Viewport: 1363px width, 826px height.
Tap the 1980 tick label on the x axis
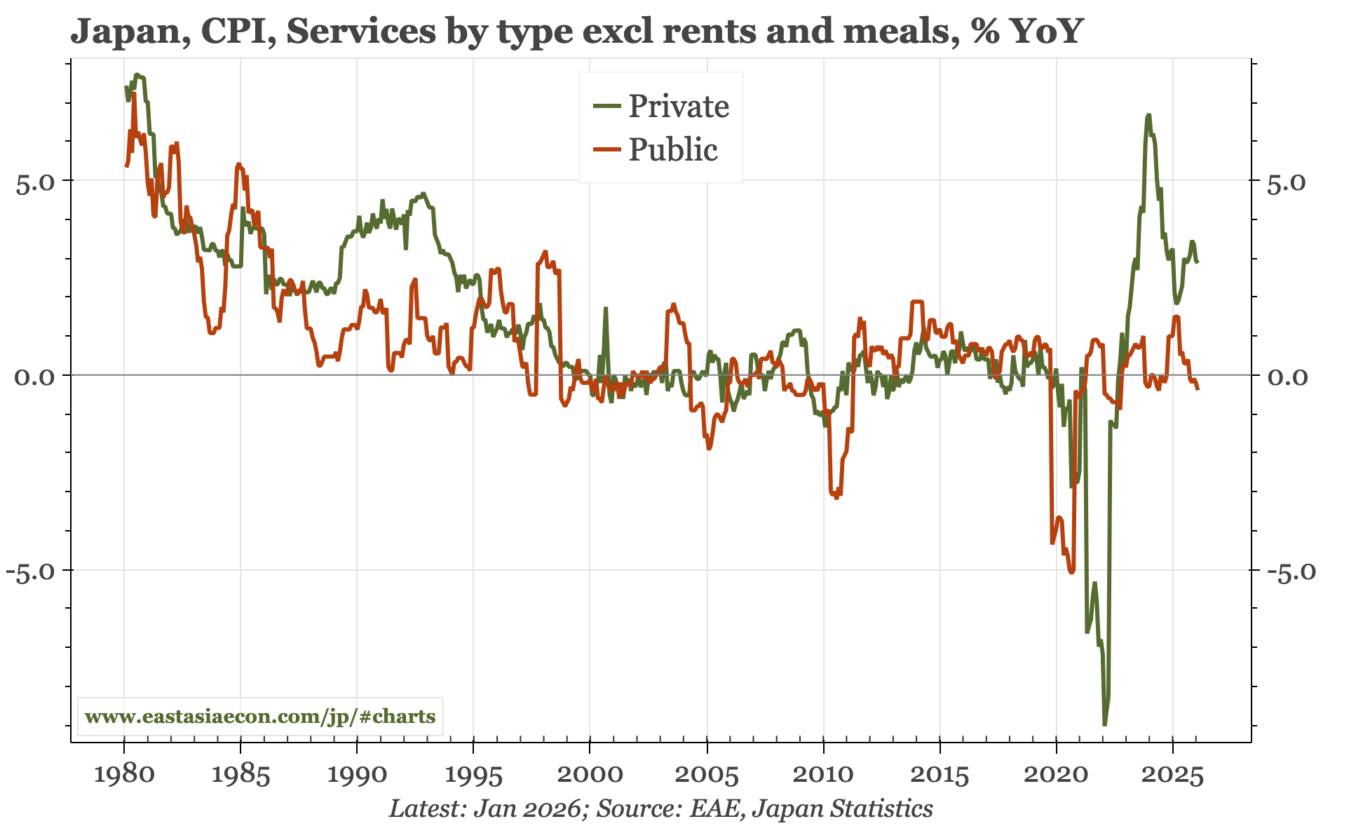[124, 774]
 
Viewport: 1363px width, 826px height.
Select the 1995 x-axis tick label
[473, 774]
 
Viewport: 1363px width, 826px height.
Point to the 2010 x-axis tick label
[823, 774]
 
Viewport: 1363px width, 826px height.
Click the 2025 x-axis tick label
[1172, 774]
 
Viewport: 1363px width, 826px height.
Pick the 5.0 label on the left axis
[34, 182]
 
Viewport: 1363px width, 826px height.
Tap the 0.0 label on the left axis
[34, 377]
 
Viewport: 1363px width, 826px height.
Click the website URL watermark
[259, 717]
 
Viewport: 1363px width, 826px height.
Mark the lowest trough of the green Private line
[1104, 724]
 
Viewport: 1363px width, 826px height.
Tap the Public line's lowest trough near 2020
[1071, 572]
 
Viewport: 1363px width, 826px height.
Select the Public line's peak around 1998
[545, 251]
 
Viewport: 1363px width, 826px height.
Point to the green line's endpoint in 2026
[1198, 262]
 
